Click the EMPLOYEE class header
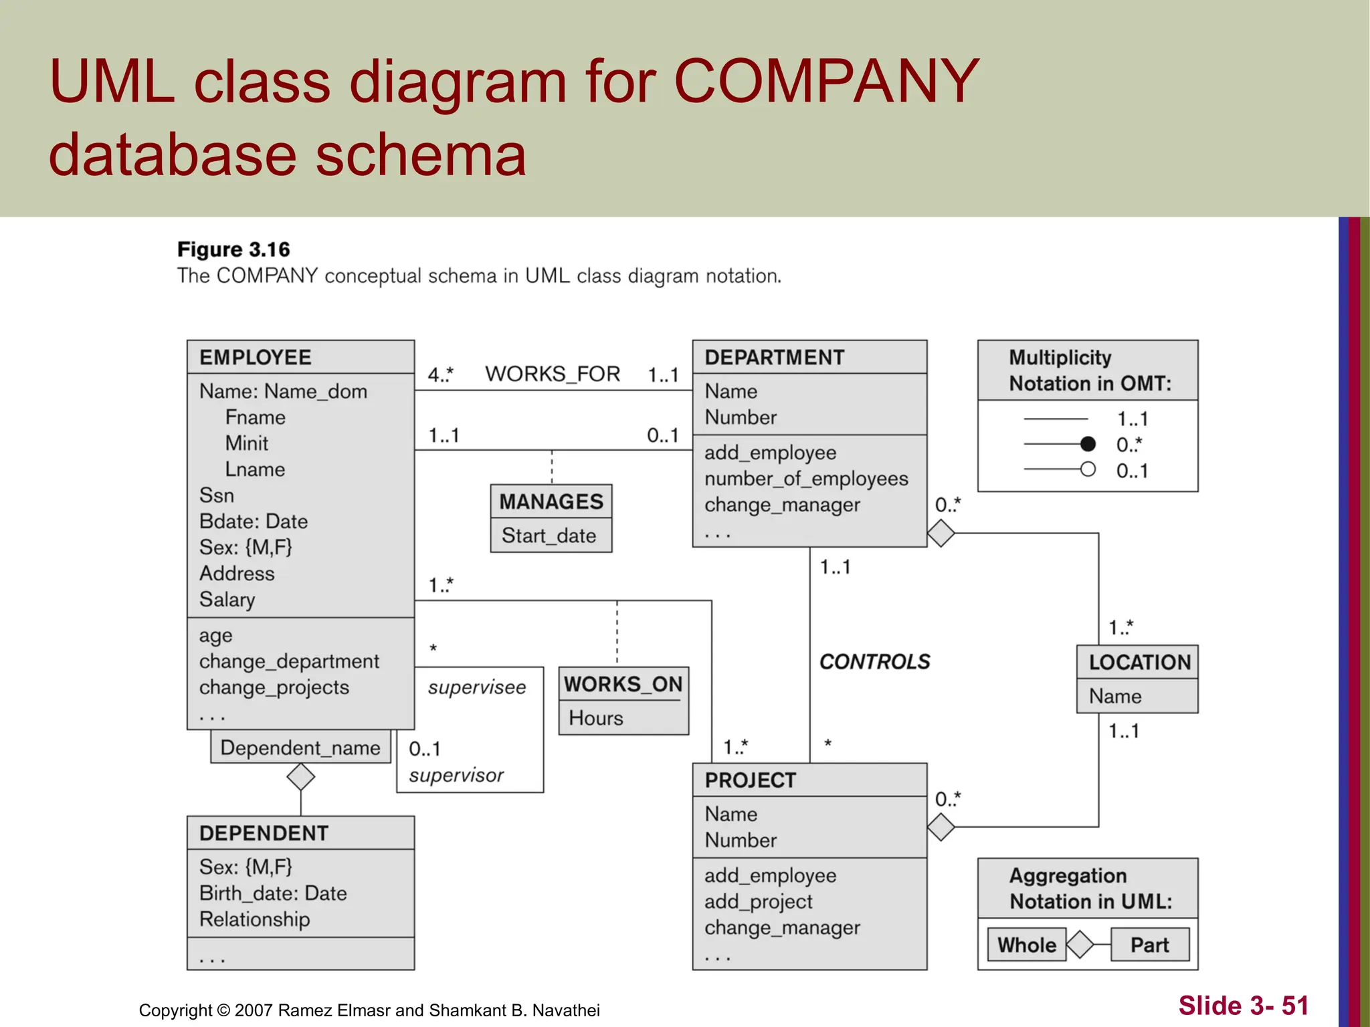pos(256,358)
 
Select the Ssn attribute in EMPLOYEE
pos(217,495)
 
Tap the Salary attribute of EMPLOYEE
pos(227,600)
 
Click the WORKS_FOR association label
pos(553,374)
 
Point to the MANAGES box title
pos(551,501)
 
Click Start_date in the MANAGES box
pos(549,536)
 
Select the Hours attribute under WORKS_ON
pos(595,718)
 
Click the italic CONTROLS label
pos(874,662)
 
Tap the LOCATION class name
pos(1139,663)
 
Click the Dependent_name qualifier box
pos(300,748)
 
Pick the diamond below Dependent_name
pos(300,777)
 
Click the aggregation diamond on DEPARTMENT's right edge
pos(941,534)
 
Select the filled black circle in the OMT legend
pos(1088,444)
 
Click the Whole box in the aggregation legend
pos(1027,945)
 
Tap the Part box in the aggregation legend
pos(1149,945)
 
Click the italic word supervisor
pos(456,775)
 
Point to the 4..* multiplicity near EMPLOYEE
pos(440,374)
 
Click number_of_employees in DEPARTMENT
pos(806,479)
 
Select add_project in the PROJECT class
pos(758,902)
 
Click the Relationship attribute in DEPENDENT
pos(254,919)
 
